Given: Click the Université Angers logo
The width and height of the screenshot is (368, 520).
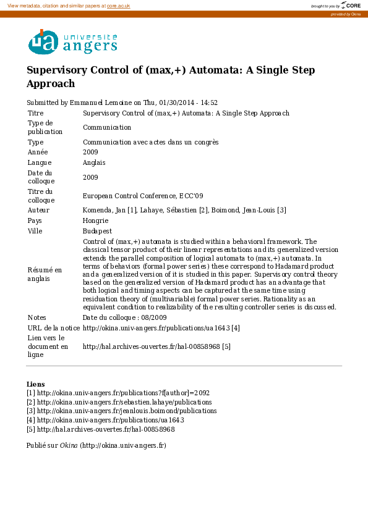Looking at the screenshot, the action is click(72, 42).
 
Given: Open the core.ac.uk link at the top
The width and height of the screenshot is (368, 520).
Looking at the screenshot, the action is click(119, 6).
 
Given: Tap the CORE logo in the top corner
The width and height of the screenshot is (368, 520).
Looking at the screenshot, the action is click(351, 6).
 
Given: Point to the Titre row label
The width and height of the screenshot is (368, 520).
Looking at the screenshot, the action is click(35, 113).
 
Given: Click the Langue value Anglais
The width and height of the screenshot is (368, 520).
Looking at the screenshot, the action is click(94, 162).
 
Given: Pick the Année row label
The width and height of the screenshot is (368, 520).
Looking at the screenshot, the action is click(38, 152).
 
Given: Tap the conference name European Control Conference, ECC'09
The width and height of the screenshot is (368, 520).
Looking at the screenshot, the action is click(143, 196).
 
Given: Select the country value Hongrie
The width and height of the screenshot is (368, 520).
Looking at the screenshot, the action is click(96, 220).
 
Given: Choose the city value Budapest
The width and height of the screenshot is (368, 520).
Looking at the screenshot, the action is click(97, 231).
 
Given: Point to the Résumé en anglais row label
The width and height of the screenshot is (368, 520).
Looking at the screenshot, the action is click(45, 274).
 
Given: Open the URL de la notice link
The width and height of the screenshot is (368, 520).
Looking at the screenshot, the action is click(157, 327).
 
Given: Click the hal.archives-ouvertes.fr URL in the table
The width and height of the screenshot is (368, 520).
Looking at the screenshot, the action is click(152, 346).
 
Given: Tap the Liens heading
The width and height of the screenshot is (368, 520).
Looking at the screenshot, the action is click(35, 384).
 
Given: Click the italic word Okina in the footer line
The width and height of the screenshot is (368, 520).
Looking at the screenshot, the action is click(69, 445).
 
